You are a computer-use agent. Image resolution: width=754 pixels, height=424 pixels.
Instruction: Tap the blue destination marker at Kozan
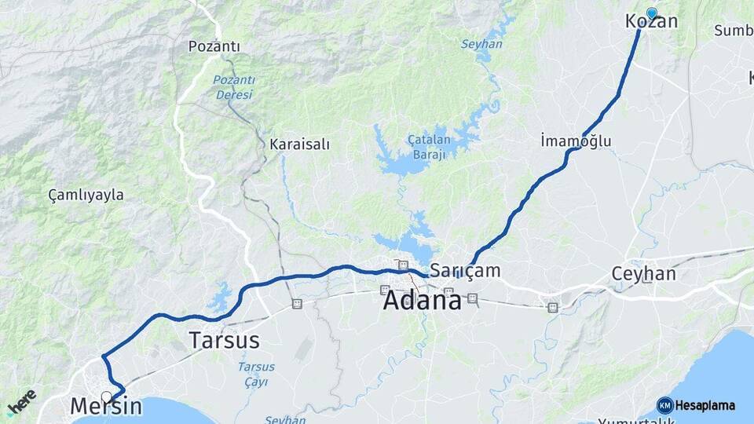[651, 13]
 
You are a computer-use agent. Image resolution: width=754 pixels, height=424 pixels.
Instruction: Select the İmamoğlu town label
[576, 141]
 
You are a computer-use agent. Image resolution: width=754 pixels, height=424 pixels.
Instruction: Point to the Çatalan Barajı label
[427, 146]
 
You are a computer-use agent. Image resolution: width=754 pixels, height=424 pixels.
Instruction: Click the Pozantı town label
[214, 46]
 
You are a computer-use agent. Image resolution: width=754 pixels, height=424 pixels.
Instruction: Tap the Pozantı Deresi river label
[233, 86]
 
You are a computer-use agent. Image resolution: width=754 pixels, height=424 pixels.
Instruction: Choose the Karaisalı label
[299, 144]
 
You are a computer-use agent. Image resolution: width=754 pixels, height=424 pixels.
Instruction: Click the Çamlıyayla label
[86, 195]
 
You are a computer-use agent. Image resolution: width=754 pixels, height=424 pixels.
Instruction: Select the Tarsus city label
[224, 340]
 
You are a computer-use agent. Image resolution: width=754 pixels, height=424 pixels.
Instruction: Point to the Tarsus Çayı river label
[256, 374]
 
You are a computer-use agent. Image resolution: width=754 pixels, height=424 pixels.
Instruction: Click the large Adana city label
[423, 300]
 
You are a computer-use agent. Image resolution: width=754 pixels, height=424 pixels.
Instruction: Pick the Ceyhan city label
[643, 274]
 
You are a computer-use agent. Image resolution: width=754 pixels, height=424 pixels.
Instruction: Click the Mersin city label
[106, 406]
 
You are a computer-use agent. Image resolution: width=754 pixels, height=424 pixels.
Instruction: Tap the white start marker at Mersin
[106, 396]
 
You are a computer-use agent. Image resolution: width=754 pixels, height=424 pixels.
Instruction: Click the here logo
[21, 403]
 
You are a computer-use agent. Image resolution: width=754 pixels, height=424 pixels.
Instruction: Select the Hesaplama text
[705, 405]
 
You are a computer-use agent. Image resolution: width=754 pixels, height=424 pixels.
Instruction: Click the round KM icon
[664, 405]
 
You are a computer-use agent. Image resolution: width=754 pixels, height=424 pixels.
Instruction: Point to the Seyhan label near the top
[481, 44]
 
